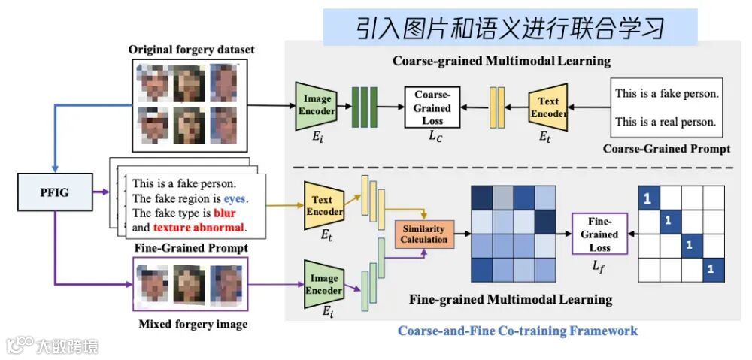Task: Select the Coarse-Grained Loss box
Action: [432, 106]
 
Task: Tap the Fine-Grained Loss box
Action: [599, 234]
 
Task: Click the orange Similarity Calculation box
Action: [423, 234]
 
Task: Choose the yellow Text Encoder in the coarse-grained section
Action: [548, 107]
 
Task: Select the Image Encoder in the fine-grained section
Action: [324, 284]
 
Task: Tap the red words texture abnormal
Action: [199, 227]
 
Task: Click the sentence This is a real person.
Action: [666, 121]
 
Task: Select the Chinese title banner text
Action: [511, 28]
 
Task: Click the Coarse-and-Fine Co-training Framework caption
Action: [517, 331]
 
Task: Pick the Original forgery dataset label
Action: [191, 50]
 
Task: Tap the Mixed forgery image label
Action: [193, 325]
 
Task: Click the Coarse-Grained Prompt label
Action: [666, 148]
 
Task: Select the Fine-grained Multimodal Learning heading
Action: [511, 299]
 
